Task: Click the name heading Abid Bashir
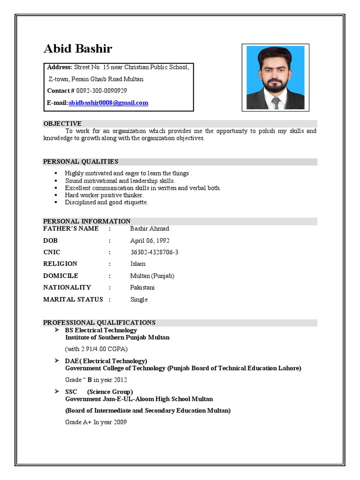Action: point(78,49)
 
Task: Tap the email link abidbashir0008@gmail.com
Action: point(108,103)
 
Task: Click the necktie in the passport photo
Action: point(276,102)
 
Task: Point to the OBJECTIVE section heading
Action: point(62,123)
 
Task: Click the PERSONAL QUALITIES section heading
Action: point(81,162)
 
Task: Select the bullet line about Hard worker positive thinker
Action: point(104,195)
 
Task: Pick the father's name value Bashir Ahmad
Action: point(150,229)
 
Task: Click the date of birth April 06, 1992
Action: point(150,240)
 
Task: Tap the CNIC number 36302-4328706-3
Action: point(154,252)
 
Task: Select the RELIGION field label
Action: point(60,264)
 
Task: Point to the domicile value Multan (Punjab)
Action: point(152,276)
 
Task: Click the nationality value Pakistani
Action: point(142,287)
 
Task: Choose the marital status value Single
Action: point(139,300)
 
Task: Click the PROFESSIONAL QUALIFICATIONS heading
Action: point(99,322)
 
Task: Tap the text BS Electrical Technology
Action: point(101,330)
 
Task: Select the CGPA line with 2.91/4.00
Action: point(96,349)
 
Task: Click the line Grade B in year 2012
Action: point(96,380)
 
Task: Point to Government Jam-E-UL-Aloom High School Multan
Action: point(139,399)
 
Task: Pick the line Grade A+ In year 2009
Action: point(96,422)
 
